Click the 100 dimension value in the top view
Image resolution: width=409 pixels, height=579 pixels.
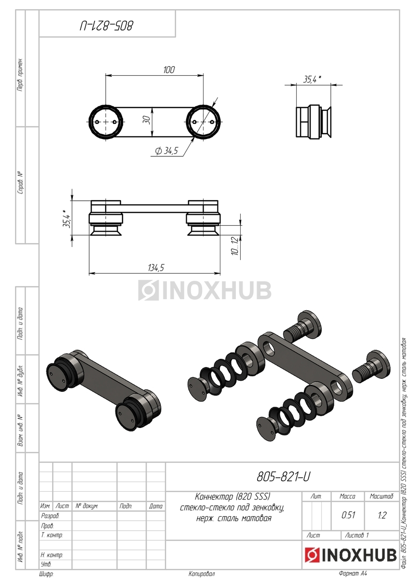[x=169, y=69]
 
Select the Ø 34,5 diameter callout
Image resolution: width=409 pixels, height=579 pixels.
[x=166, y=151]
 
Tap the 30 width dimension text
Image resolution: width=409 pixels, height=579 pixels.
[x=147, y=120]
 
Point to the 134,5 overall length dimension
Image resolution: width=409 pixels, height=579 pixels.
[x=156, y=268]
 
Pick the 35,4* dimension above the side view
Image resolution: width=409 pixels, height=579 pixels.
[x=313, y=79]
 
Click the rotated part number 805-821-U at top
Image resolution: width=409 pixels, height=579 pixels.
[x=107, y=26]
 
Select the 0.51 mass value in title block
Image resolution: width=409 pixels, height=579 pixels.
[x=348, y=515]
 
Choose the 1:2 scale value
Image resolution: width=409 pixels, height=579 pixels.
[x=382, y=515]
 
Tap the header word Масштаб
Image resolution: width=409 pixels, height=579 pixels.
[x=382, y=496]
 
